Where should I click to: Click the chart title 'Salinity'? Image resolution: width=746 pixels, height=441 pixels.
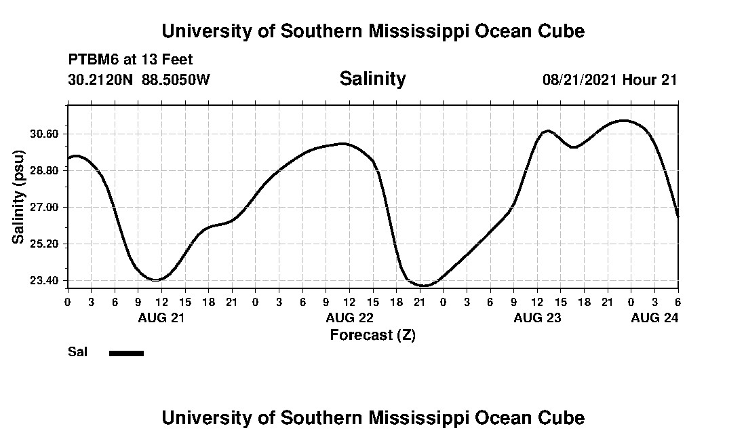click(372, 79)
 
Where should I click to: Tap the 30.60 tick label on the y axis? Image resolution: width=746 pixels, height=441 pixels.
click(45, 134)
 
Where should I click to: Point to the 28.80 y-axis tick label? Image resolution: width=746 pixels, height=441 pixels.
click(45, 170)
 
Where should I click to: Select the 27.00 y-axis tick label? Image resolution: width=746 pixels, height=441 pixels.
click(45, 207)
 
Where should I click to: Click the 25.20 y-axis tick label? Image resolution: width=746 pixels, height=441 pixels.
click(45, 244)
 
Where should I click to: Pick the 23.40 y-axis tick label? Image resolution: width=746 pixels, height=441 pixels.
click(45, 280)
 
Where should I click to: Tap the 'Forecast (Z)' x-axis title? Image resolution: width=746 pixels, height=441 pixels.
click(372, 334)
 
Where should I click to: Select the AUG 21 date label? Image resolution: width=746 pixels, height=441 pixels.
click(161, 318)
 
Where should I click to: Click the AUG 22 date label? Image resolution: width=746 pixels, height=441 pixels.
click(350, 318)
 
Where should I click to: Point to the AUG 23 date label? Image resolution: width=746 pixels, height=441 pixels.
click(538, 318)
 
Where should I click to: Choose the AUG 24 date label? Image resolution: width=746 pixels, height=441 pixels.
click(654, 318)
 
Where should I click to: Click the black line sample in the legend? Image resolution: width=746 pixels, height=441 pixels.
click(126, 353)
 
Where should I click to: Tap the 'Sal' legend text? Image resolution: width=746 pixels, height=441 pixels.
click(77, 351)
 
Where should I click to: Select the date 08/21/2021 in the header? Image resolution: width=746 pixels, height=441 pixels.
click(580, 79)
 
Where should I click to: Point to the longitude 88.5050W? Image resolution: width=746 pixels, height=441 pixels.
click(176, 79)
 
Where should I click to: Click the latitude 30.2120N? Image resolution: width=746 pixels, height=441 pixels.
click(101, 79)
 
